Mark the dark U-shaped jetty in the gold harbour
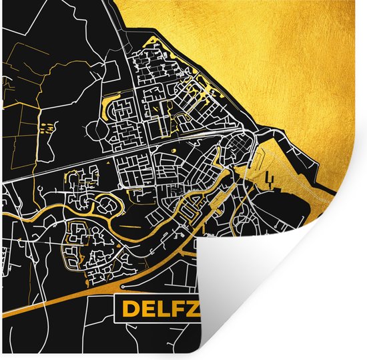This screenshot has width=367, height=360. coord(270,178)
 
